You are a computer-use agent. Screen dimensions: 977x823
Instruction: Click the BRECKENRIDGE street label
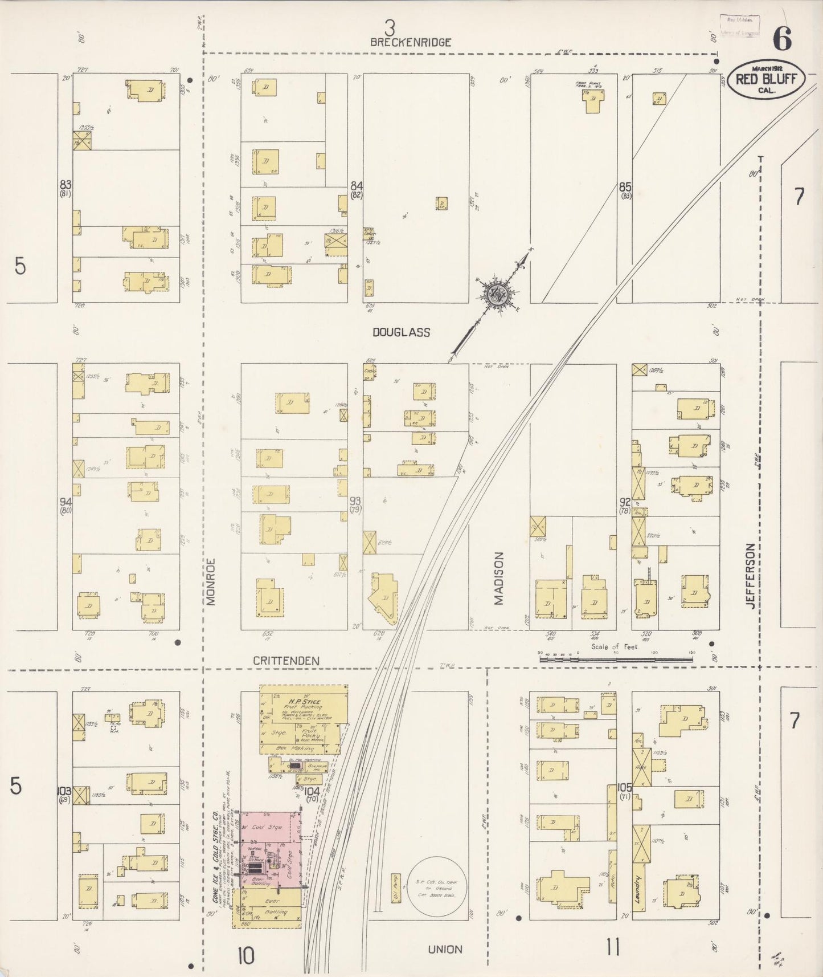410,42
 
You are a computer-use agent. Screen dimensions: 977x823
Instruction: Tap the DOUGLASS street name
401,332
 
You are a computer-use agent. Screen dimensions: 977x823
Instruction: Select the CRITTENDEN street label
286,661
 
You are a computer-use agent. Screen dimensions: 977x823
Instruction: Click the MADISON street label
499,577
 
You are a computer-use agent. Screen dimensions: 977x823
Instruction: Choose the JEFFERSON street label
750,576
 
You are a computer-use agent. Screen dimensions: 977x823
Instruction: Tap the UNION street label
445,950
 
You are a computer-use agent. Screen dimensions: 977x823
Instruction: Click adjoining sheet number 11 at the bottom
612,948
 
